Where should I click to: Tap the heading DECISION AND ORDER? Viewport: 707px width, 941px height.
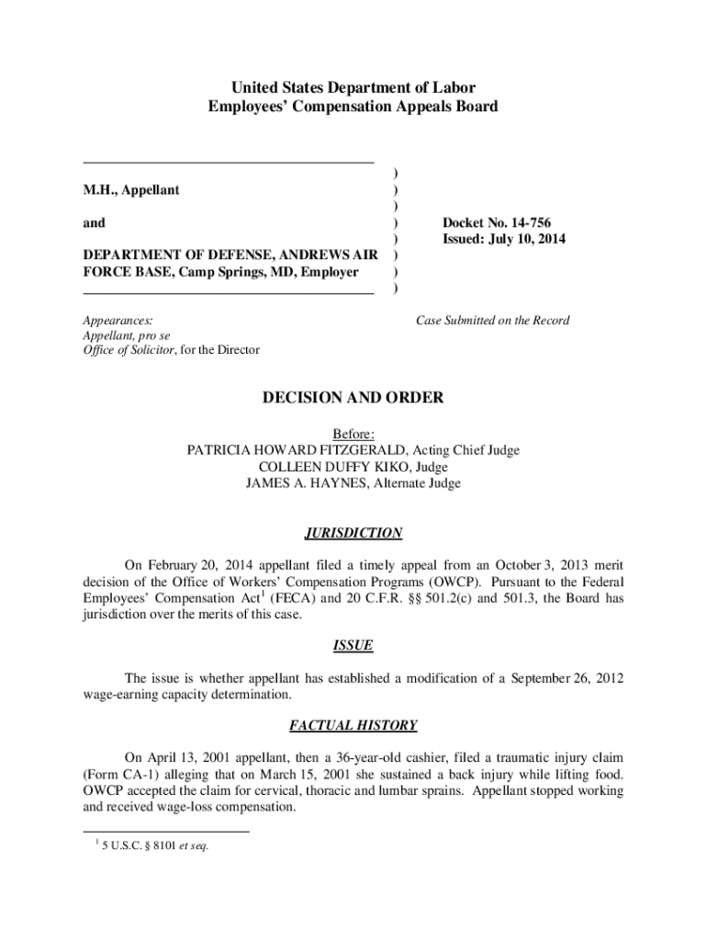click(353, 398)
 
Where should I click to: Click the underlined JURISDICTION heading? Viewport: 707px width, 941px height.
click(353, 533)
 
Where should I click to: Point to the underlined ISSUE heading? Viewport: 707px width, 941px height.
click(353, 645)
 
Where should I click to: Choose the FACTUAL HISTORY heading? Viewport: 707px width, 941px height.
click(353, 725)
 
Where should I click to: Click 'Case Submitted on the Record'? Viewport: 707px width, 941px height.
click(492, 321)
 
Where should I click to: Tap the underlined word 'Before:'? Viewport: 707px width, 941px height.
click(353, 434)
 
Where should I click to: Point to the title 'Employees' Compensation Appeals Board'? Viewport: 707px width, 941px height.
click(353, 107)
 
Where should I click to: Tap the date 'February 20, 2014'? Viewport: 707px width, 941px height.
click(200, 565)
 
